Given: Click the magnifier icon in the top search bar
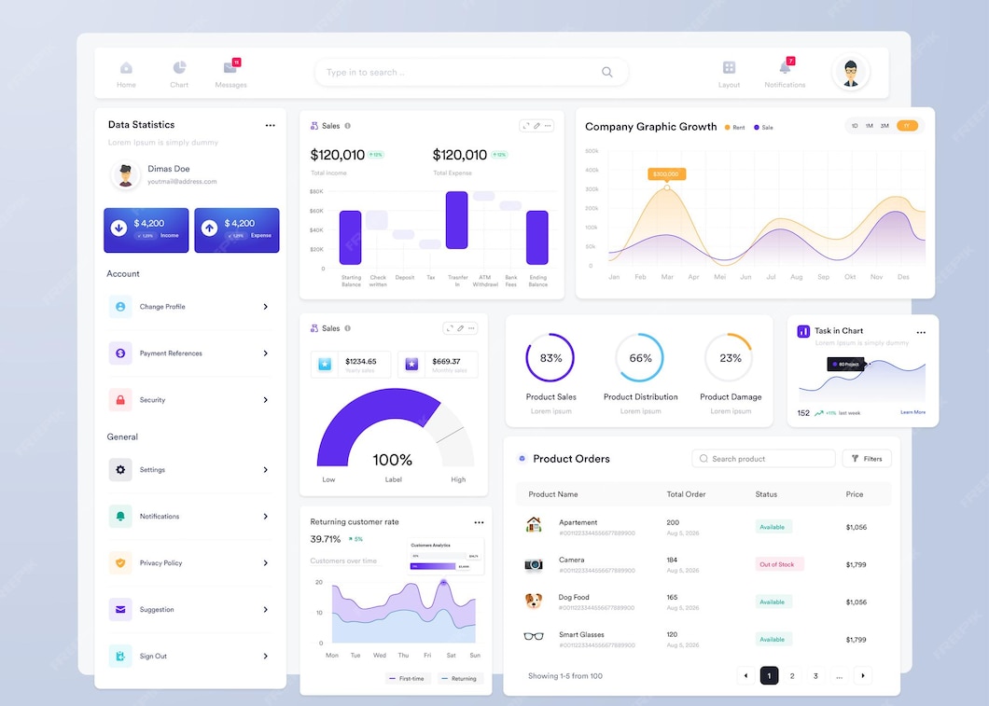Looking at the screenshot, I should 607,72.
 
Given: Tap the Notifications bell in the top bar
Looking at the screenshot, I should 784,68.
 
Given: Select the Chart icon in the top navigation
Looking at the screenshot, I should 179,68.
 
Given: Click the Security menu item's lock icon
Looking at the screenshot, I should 120,400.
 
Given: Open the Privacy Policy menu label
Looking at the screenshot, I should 160,563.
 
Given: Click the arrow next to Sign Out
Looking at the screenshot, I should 266,657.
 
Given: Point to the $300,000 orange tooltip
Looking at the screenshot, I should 666,173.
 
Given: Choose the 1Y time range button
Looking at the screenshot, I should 907,126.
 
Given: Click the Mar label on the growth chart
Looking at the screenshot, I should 667,277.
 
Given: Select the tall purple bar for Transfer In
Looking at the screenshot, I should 456,220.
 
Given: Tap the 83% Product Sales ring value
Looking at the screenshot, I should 550,358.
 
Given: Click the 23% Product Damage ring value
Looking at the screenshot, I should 731,358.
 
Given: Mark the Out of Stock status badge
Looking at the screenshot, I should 777,564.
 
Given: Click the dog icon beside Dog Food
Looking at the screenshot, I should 534,601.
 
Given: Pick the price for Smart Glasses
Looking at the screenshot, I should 856,640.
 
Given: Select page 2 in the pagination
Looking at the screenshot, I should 792,676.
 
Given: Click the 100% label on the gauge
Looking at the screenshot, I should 392,460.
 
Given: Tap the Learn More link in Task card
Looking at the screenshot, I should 912,412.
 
